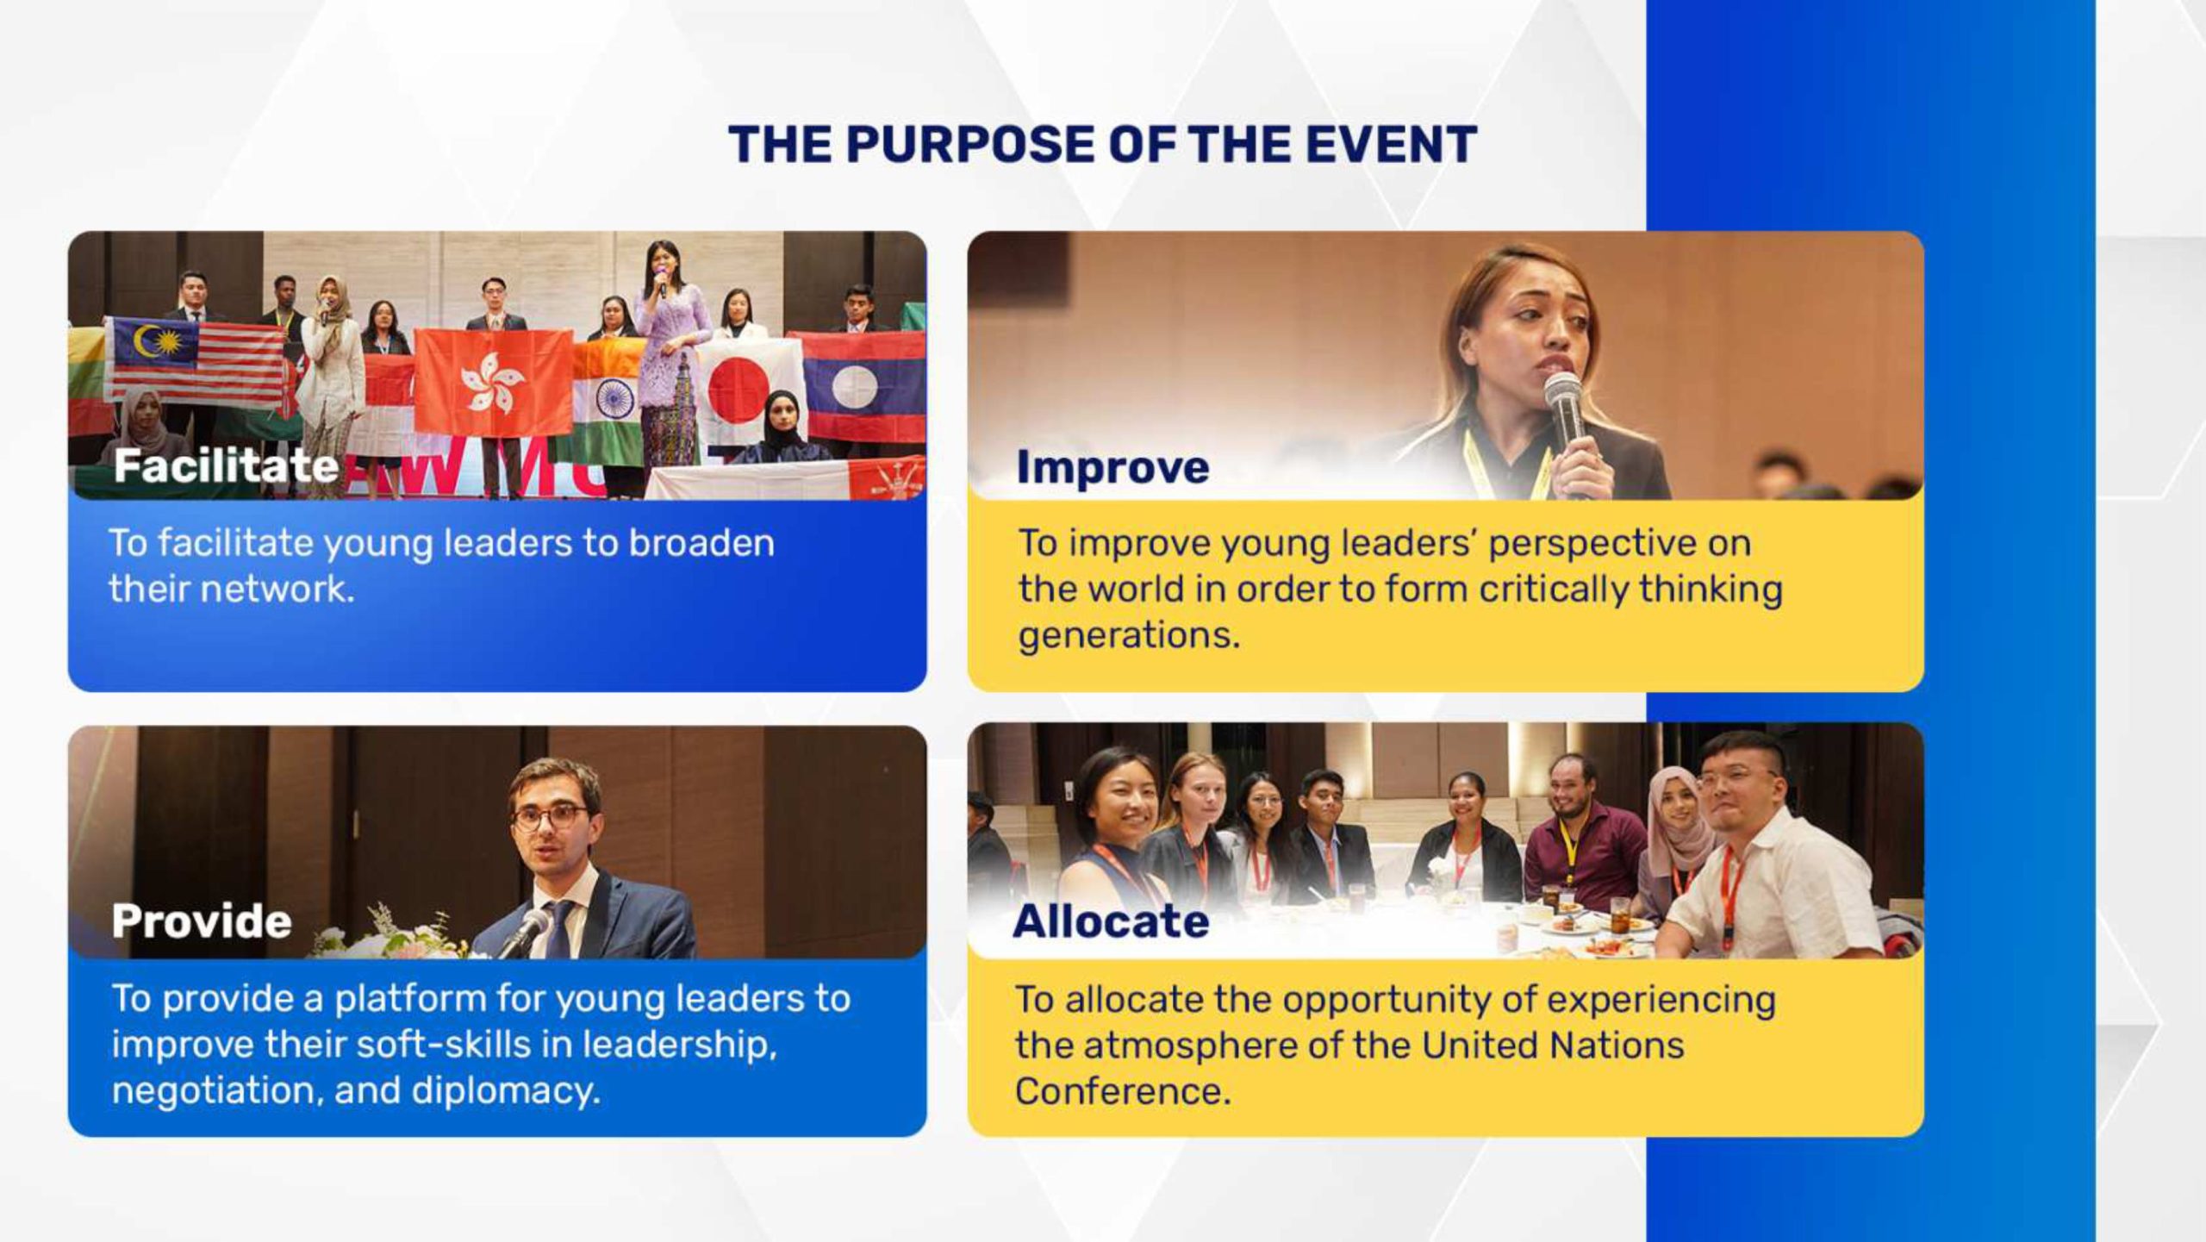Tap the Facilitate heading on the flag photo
pyautogui.click(x=226, y=466)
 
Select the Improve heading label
pyautogui.click(x=1112, y=468)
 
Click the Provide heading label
pyautogui.click(x=202, y=921)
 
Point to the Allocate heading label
pyautogui.click(x=1111, y=921)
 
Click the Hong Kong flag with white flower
pyautogui.click(x=494, y=382)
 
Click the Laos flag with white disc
pyautogui.click(x=857, y=386)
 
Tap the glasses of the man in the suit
pyautogui.click(x=551, y=816)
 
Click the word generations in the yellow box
pyautogui.click(x=1129, y=636)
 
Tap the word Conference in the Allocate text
pyautogui.click(x=1123, y=1091)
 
